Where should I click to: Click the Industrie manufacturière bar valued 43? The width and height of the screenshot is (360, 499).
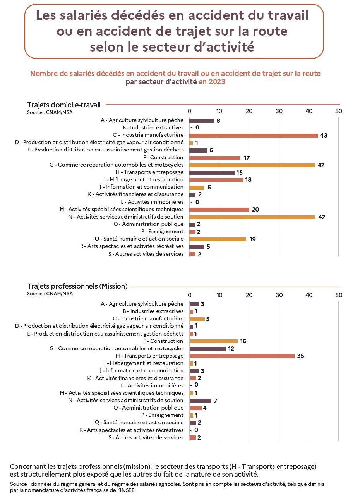click(254, 136)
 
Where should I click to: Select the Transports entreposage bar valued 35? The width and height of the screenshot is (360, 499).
click(242, 356)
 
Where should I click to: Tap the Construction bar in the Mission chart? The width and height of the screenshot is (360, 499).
click(214, 341)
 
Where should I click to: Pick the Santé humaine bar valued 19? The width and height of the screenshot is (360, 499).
click(218, 239)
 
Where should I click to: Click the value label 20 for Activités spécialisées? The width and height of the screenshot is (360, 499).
click(255, 210)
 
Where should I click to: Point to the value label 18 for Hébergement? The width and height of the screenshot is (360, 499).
click(248, 180)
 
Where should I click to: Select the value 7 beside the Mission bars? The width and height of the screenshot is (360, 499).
click(215, 401)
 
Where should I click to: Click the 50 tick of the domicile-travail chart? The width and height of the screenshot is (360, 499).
click(339, 111)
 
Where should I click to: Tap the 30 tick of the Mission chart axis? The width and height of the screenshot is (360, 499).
click(279, 295)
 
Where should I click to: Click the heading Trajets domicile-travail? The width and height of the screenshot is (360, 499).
click(64, 105)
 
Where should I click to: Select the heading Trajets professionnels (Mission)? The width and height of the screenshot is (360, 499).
click(77, 286)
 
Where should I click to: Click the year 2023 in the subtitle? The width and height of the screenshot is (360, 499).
click(217, 82)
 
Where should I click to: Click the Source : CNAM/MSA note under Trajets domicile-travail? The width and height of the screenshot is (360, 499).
click(50, 112)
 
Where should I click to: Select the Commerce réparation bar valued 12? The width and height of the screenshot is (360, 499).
click(207, 349)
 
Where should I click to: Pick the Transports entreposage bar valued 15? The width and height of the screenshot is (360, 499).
click(212, 172)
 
